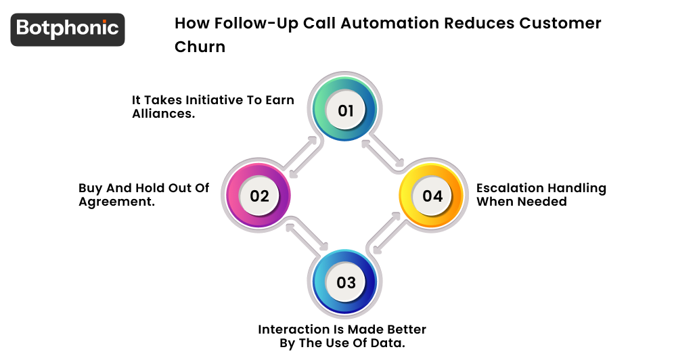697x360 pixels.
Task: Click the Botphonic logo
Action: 68,29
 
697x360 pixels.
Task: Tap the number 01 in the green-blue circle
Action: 346,110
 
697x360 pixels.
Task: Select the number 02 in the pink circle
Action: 260,196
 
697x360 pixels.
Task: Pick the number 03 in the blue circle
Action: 346,282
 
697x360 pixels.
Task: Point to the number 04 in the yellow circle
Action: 432,196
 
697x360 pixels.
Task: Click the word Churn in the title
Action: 200,47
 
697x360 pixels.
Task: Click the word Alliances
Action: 163,114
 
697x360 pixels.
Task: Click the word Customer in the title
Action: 560,23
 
